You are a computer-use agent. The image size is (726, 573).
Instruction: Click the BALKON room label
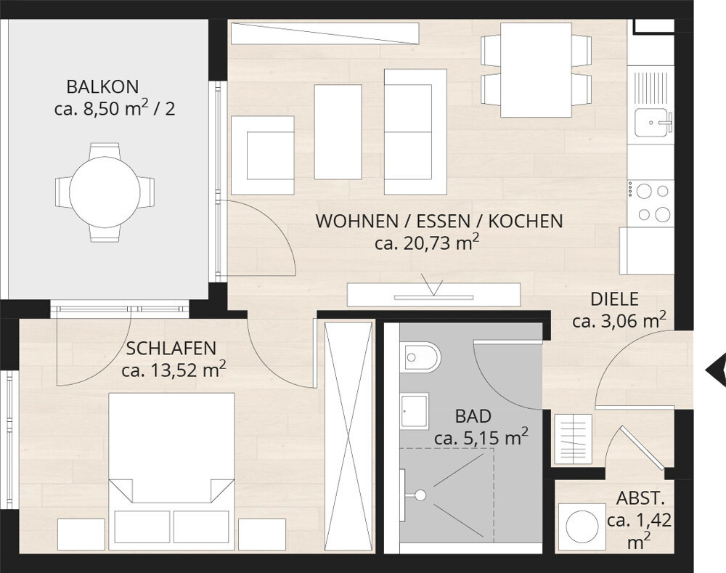[x=102, y=87]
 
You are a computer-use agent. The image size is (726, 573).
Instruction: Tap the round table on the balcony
[x=105, y=192]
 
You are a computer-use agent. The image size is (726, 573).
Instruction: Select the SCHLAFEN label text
[x=171, y=349]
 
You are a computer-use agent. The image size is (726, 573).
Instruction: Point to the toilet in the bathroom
[x=420, y=357]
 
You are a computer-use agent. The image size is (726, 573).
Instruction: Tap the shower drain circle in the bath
[x=420, y=495]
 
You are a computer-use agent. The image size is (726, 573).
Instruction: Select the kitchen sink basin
[x=652, y=122]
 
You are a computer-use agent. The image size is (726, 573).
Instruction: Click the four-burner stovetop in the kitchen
[x=650, y=203]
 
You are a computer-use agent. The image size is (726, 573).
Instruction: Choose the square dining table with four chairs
[x=537, y=70]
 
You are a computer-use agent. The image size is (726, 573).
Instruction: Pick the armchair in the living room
[x=263, y=155]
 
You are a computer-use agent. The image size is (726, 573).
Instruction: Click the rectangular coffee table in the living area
[x=338, y=131]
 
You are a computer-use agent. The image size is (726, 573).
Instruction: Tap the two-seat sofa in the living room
[x=415, y=131]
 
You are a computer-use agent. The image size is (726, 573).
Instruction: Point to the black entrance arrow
[x=717, y=370]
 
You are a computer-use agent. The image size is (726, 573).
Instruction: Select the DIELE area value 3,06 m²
[x=619, y=320]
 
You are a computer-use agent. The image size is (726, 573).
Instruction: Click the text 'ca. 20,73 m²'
[x=426, y=243]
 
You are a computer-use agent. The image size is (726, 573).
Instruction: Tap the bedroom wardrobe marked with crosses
[x=348, y=436]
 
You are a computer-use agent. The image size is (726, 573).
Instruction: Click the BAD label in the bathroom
[x=473, y=416]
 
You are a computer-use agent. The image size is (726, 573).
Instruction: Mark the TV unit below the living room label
[x=434, y=295]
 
